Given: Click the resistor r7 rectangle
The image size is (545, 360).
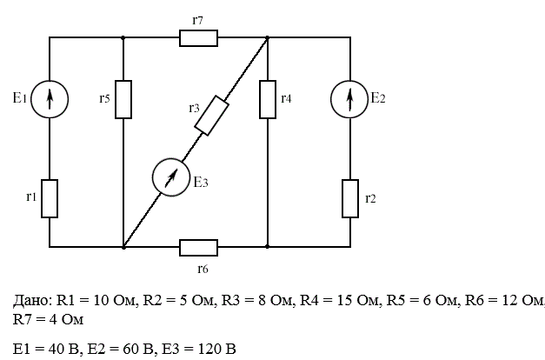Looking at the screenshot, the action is [x=198, y=38].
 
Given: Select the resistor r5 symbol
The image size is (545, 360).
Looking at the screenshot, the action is [x=123, y=99].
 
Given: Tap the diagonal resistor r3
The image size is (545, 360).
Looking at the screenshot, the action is [x=211, y=115].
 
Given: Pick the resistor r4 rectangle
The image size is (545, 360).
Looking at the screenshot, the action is [x=268, y=99].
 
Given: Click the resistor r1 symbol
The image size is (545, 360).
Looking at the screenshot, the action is [x=50, y=198].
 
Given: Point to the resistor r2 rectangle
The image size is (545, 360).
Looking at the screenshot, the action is [x=350, y=198].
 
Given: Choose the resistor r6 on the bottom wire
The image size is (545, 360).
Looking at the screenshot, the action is [x=198, y=248].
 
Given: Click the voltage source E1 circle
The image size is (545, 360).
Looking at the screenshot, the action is [x=50, y=99].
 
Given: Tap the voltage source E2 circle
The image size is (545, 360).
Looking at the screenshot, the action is [x=349, y=99].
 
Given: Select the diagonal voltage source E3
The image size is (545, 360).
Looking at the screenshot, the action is [x=171, y=177].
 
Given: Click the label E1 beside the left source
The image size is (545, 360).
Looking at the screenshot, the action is [x=20, y=98].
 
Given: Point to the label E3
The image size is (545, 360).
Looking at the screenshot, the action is [x=201, y=182].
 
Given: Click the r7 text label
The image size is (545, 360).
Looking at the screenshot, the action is [x=197, y=21].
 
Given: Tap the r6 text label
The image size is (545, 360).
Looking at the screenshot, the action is [x=203, y=269].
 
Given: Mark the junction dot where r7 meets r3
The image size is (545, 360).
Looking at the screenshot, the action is [x=268, y=37].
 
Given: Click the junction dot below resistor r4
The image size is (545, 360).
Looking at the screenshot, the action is [x=268, y=247].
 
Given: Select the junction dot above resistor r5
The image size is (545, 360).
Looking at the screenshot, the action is [x=123, y=37].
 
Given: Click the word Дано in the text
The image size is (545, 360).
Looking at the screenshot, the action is [x=32, y=300].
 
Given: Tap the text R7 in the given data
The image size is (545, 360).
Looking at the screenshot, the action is [x=20, y=319].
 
